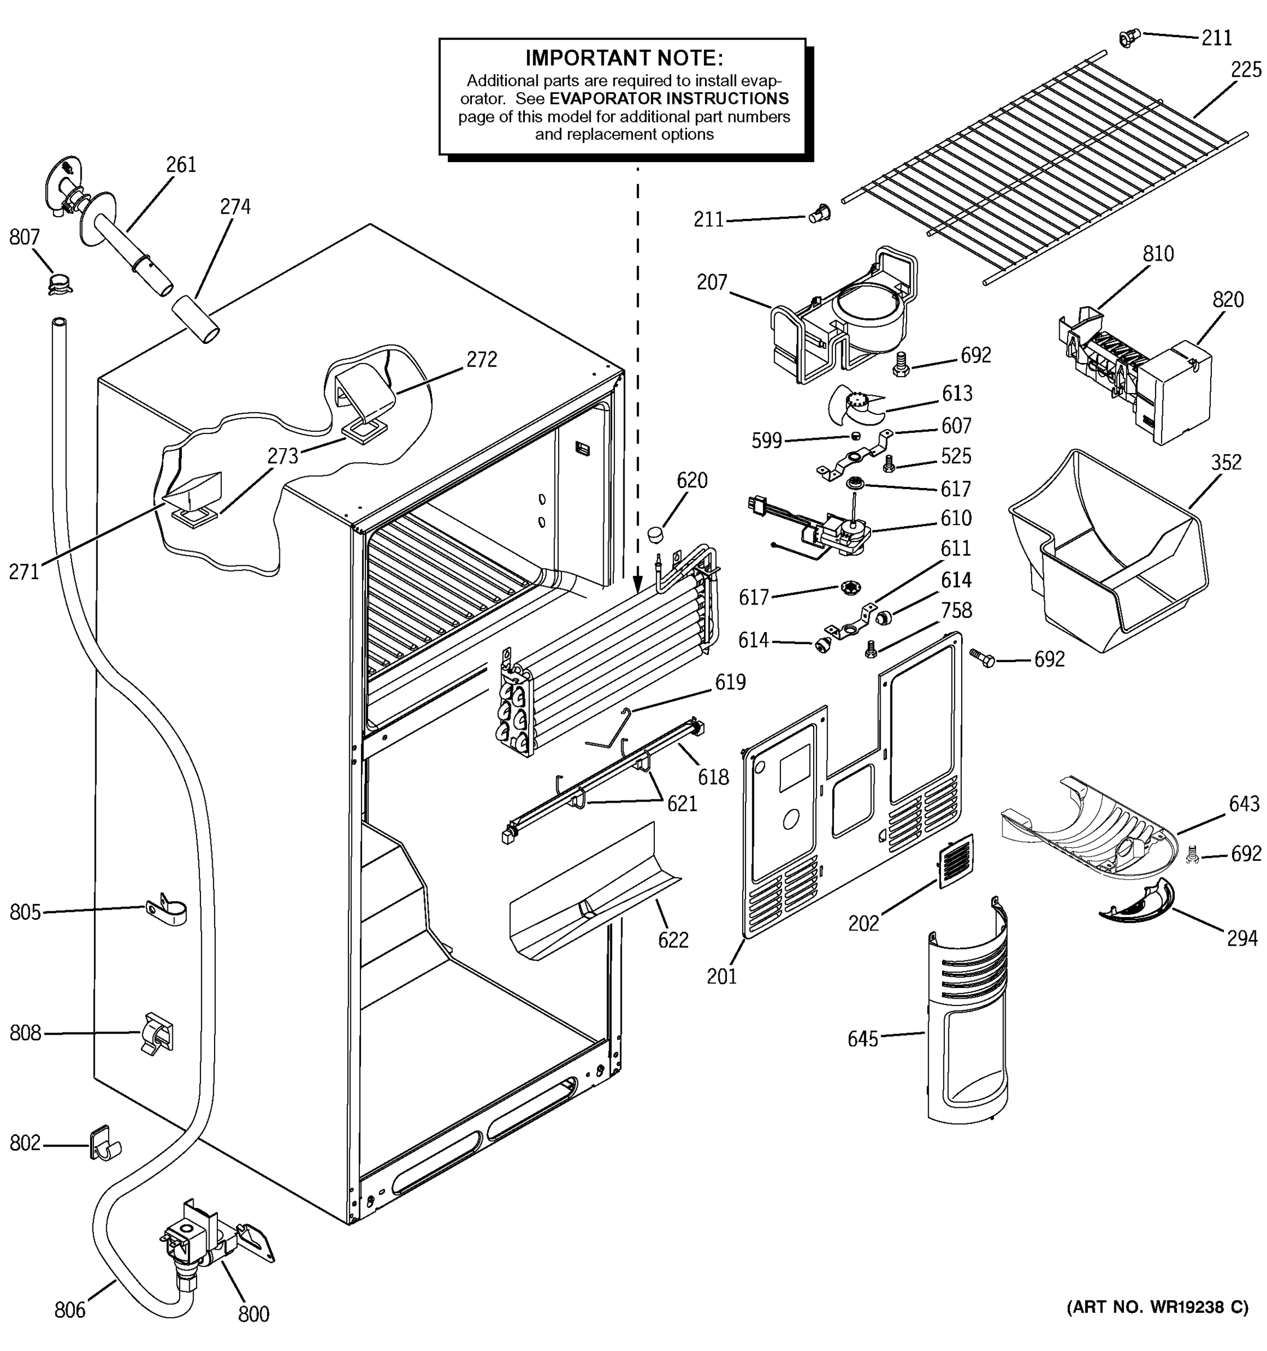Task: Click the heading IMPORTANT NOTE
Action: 623,58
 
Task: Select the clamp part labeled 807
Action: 60,282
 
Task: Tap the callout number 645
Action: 862,1039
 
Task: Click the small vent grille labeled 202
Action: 956,861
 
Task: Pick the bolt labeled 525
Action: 887,464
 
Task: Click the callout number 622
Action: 672,940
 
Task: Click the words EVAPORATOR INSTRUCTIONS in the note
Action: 669,99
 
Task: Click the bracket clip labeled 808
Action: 157,1034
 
